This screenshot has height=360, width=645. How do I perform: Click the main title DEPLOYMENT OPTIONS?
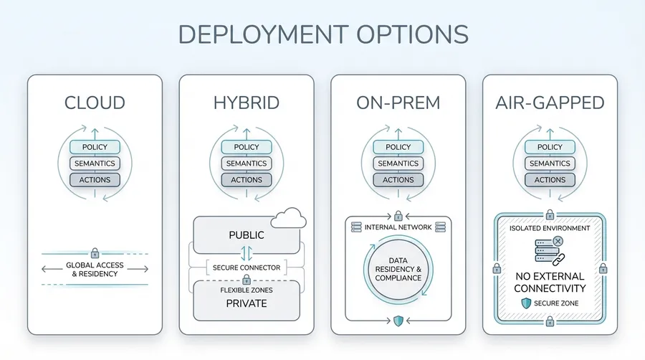click(x=322, y=34)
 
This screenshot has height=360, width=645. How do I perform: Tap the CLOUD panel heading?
click(x=95, y=103)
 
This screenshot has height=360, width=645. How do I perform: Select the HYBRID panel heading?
click(x=246, y=103)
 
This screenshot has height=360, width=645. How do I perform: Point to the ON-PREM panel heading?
click(x=398, y=103)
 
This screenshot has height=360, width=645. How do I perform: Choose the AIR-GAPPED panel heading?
click(x=550, y=103)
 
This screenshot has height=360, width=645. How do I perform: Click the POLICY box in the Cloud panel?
click(x=95, y=147)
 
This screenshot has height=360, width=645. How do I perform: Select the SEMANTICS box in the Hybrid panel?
click(x=246, y=164)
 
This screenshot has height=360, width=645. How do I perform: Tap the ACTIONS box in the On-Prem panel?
click(x=398, y=179)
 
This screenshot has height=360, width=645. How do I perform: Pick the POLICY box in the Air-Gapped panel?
click(x=550, y=147)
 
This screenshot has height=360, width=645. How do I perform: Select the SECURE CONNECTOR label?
click(x=247, y=268)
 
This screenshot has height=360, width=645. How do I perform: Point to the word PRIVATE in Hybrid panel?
click(x=247, y=303)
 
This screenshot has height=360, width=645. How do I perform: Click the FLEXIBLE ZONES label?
click(x=247, y=290)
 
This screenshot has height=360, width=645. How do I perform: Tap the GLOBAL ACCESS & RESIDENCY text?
click(x=95, y=269)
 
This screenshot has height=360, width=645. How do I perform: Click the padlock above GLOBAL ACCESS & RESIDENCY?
click(x=95, y=253)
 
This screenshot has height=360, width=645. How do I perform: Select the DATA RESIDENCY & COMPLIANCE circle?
click(x=398, y=268)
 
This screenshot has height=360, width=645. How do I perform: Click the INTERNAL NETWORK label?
click(x=398, y=227)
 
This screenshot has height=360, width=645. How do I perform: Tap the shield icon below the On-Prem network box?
click(x=398, y=321)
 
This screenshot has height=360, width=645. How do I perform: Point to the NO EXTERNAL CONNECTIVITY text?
click(x=550, y=282)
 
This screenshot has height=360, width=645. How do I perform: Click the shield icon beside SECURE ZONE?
click(x=525, y=304)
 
